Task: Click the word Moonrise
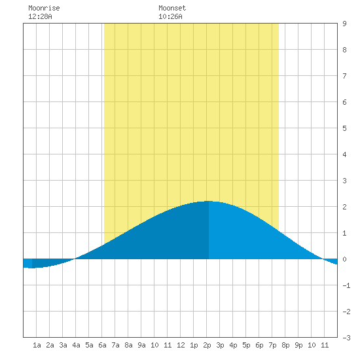[44, 8]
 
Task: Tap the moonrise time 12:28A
[40, 16]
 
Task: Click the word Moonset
[172, 8]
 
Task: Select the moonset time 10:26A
[170, 16]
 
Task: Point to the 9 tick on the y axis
[344, 24]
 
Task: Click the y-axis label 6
[344, 102]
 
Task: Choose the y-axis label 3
[344, 181]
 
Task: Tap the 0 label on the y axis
[344, 259]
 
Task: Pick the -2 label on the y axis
[346, 312]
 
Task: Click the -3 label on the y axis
[346, 338]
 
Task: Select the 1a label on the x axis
[37, 345]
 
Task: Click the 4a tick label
[76, 345]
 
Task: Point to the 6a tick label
[102, 345]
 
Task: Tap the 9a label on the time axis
[141, 345]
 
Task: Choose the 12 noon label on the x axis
[181, 345]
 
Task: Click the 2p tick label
[207, 345]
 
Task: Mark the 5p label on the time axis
[246, 345]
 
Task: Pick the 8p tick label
[285, 345]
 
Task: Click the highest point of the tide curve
[208, 201]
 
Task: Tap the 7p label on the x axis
[272, 345]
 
